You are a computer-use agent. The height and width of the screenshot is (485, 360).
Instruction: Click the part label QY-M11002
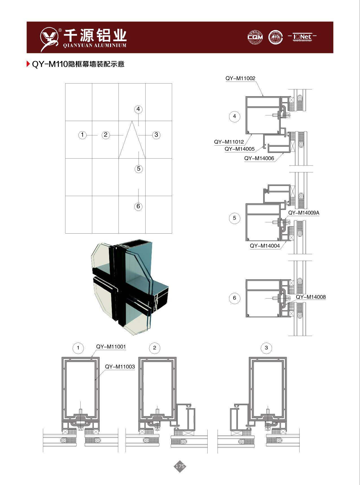tap(240, 78)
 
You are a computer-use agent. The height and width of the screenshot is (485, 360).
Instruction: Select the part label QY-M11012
tap(229, 142)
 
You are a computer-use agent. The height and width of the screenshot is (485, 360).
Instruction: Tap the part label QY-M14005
tap(240, 149)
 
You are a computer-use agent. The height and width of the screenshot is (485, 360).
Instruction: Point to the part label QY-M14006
tap(259, 158)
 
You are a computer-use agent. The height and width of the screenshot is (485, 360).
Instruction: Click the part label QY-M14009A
tap(304, 213)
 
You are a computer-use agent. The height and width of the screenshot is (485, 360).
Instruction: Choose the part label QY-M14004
tap(265, 246)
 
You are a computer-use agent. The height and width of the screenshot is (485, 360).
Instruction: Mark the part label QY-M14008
tap(311, 297)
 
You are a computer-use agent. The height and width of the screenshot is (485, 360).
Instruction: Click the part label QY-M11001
tap(111, 346)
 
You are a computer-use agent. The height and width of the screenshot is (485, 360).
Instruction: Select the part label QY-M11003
tap(120, 367)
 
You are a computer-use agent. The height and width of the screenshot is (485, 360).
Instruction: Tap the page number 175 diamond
tap(180, 466)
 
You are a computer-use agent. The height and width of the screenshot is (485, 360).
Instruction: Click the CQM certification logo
tap(255, 37)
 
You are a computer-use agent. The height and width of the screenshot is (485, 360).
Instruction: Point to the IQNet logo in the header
tap(302, 37)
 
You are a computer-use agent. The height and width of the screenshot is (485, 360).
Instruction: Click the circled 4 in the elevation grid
tap(138, 109)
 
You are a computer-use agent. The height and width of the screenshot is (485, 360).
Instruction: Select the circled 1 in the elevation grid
tap(82, 135)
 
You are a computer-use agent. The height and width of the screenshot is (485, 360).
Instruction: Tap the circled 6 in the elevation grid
tap(138, 206)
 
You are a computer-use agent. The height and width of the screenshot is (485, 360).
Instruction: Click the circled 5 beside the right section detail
tap(234, 218)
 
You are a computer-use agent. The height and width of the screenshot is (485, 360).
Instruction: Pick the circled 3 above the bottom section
tap(266, 348)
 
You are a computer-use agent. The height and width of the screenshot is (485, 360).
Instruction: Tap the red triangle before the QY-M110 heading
tap(28, 64)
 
